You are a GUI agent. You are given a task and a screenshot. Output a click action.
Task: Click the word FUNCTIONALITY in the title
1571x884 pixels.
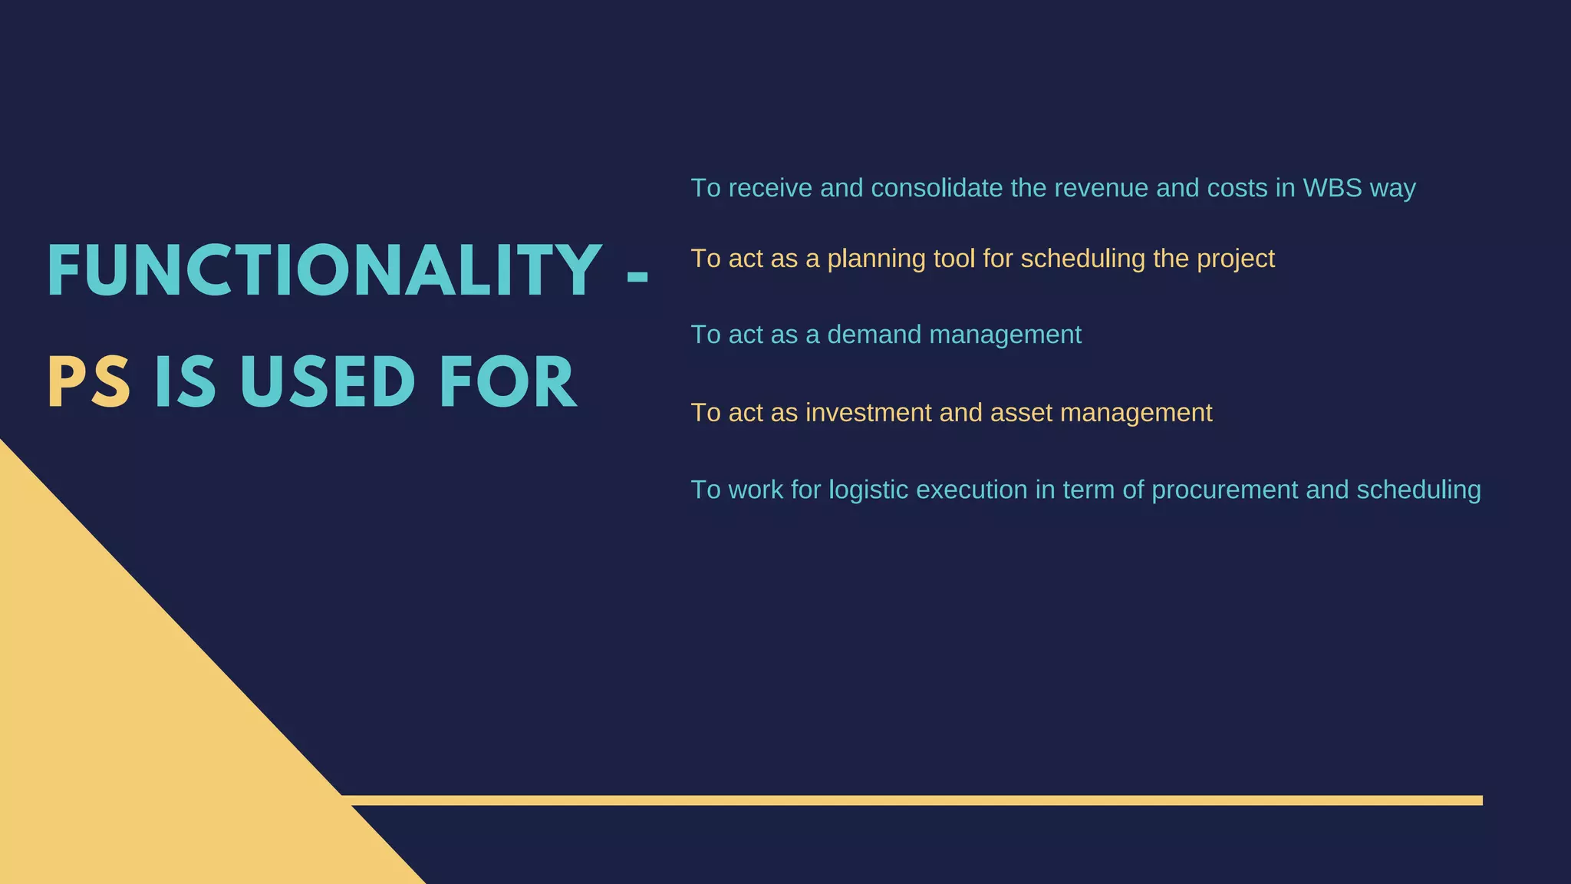[324, 270]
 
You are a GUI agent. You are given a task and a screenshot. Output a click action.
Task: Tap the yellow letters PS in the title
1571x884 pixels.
[88, 383]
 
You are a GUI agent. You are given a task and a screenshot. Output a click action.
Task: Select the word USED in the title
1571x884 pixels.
[328, 383]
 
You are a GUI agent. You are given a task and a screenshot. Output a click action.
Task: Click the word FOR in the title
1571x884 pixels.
[508, 383]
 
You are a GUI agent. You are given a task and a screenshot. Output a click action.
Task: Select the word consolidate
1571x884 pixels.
[937, 188]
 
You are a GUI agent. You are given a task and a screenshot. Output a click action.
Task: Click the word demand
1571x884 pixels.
[874, 335]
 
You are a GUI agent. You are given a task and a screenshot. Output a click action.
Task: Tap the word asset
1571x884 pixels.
[1021, 413]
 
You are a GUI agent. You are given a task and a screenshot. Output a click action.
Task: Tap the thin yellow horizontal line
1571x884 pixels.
[921, 800]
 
